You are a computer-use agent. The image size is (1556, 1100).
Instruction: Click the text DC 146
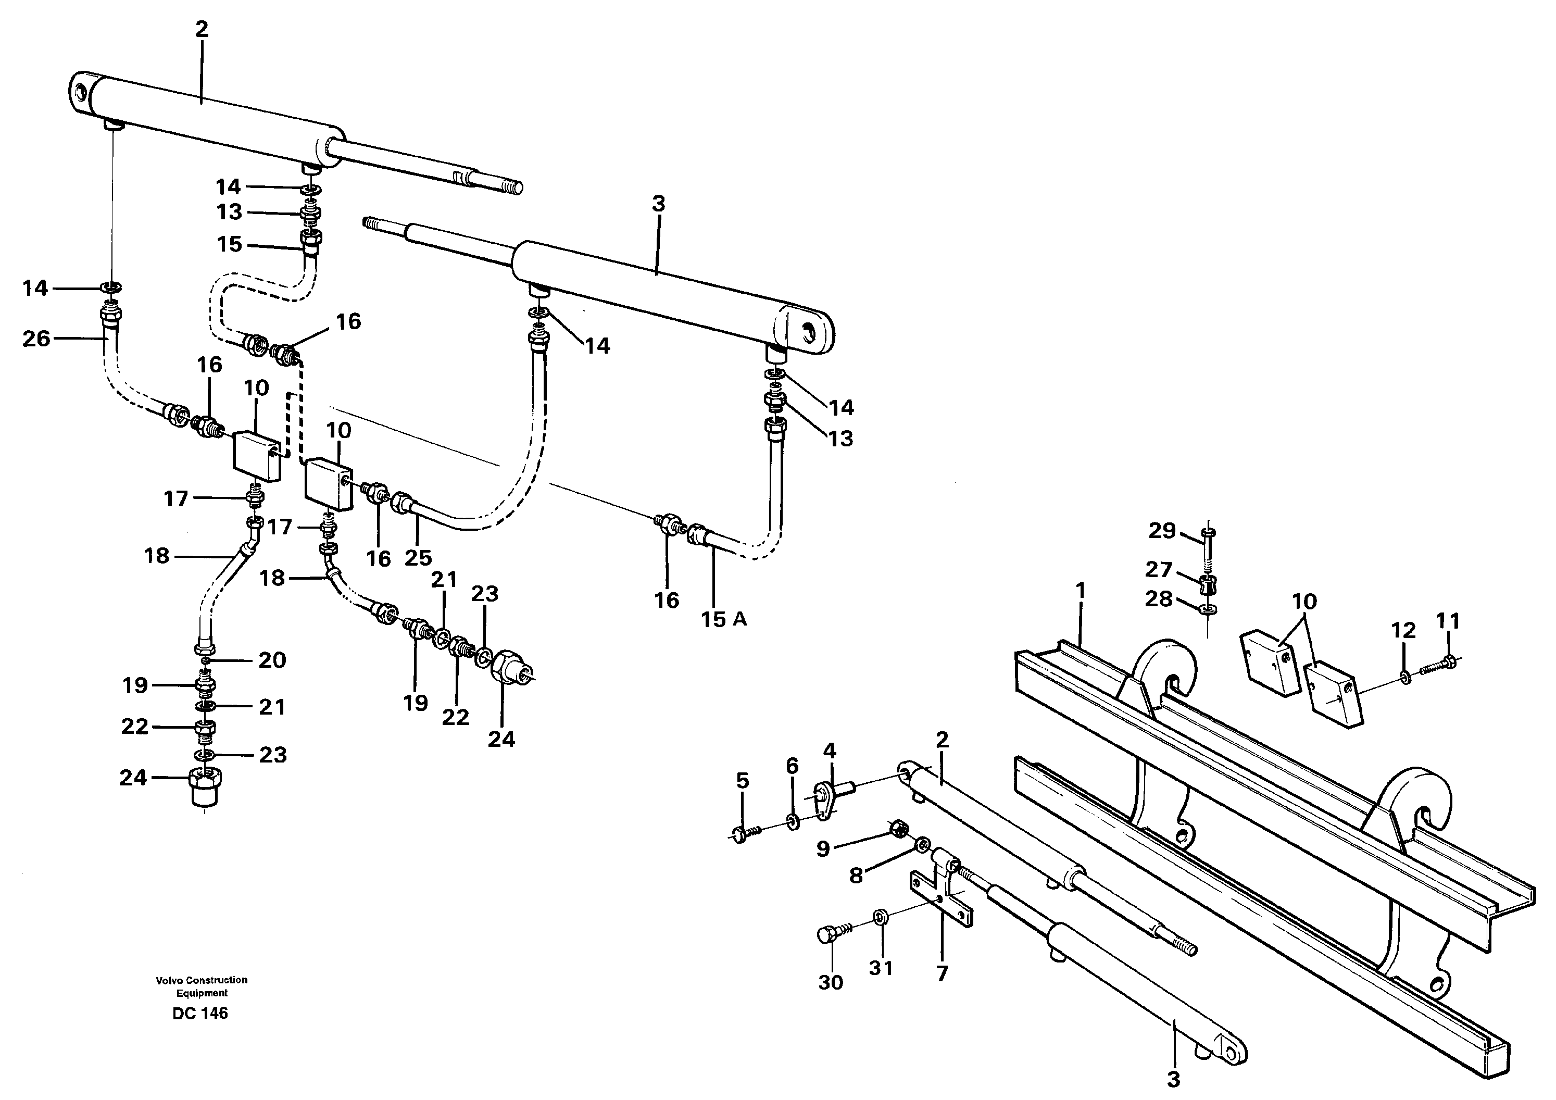[x=200, y=1013]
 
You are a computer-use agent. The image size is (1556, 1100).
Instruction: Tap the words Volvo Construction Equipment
[x=202, y=986]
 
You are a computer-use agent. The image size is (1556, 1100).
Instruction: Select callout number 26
[x=36, y=338]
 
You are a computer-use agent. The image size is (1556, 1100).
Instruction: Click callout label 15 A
[x=724, y=619]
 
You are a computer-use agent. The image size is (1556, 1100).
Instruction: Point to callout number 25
[x=418, y=557]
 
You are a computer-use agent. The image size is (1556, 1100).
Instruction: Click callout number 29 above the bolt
[x=1162, y=530]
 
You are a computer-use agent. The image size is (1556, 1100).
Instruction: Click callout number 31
[x=881, y=969]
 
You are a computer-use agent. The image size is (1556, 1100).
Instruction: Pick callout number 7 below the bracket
[x=942, y=974]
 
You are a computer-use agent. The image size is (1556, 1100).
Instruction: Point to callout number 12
[x=1403, y=630]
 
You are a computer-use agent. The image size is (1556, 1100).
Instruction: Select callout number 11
[x=1448, y=621]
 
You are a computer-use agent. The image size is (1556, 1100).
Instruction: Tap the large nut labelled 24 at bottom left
[x=204, y=788]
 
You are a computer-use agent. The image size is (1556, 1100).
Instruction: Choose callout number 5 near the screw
[x=743, y=781]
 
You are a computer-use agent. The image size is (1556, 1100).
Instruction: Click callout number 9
[x=823, y=848]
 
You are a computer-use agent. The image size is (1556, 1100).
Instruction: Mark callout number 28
[x=1159, y=598]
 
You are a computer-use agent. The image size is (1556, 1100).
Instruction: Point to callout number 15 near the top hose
[x=229, y=244]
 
